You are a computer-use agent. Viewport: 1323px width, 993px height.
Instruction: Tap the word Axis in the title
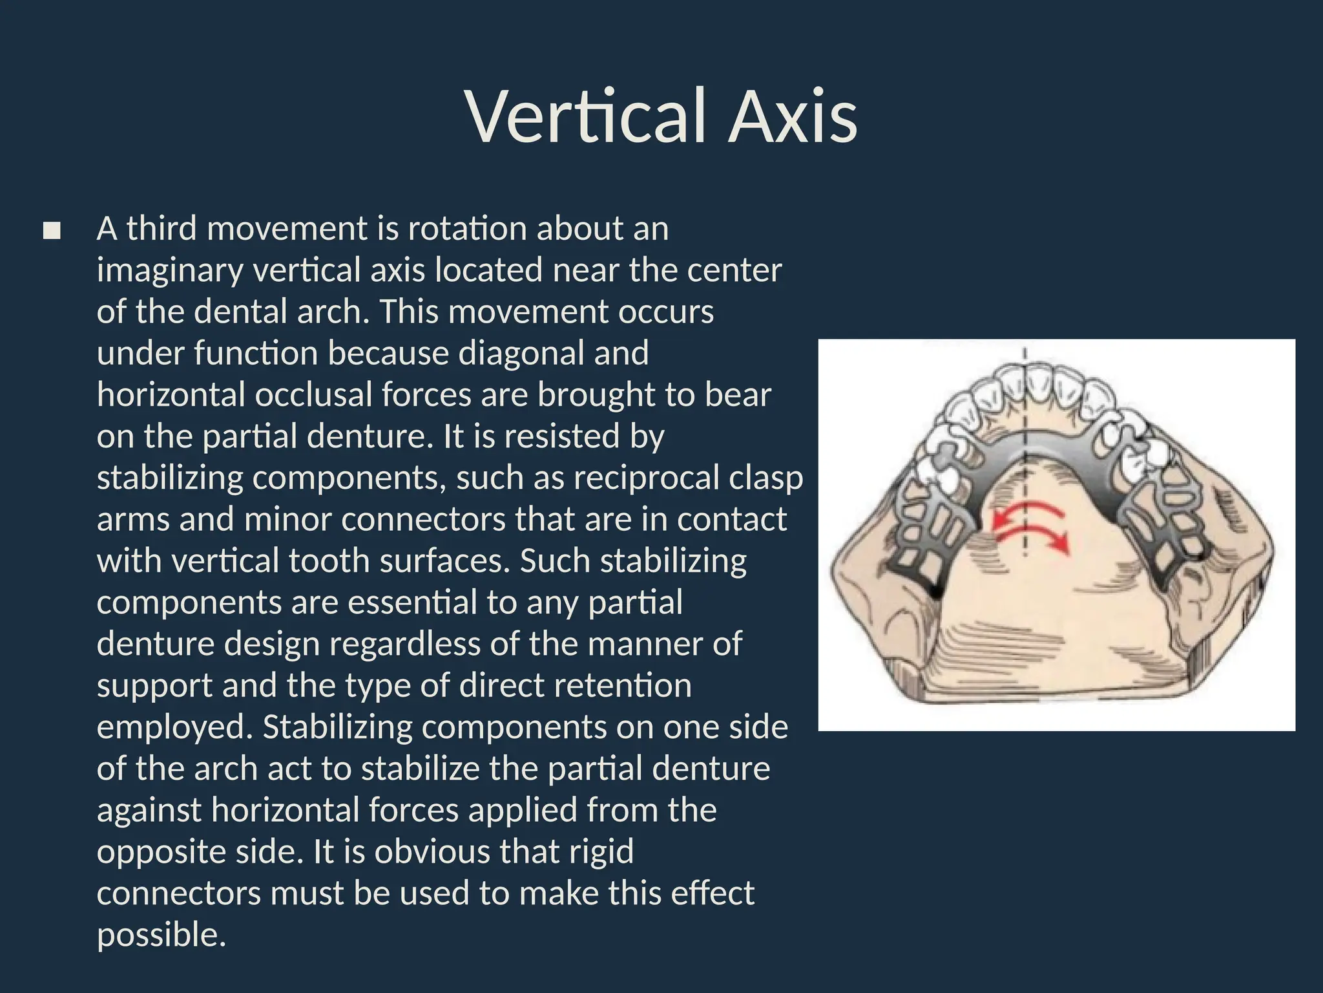point(793,117)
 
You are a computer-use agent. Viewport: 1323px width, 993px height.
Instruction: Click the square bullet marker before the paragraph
point(52,231)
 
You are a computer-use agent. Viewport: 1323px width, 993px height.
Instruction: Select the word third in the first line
point(161,228)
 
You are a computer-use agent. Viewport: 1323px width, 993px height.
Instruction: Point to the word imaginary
point(169,271)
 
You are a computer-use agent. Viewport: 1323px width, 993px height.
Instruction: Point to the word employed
point(174,727)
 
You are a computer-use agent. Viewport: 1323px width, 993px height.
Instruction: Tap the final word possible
point(161,935)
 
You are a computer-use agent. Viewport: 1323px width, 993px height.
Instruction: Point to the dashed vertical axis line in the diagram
point(1025,453)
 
